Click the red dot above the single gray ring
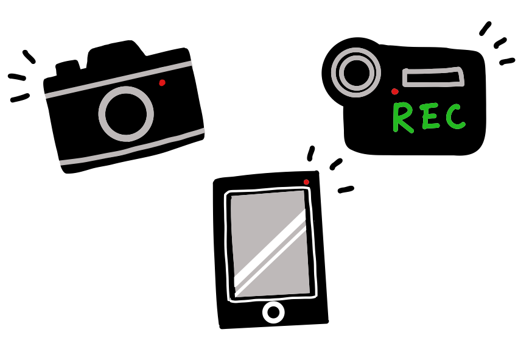click(162, 83)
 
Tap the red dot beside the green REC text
click(394, 91)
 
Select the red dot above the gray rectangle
click(306, 182)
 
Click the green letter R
click(402, 117)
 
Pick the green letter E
click(430, 116)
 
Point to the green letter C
click(455, 116)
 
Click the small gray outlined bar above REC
click(433, 77)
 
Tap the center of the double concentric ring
click(356, 72)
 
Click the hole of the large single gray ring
click(126, 114)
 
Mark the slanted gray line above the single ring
click(119, 79)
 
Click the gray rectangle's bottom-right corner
click(309, 292)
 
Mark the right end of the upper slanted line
click(191, 63)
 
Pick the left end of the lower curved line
click(61, 163)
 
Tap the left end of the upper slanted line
click(47, 96)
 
